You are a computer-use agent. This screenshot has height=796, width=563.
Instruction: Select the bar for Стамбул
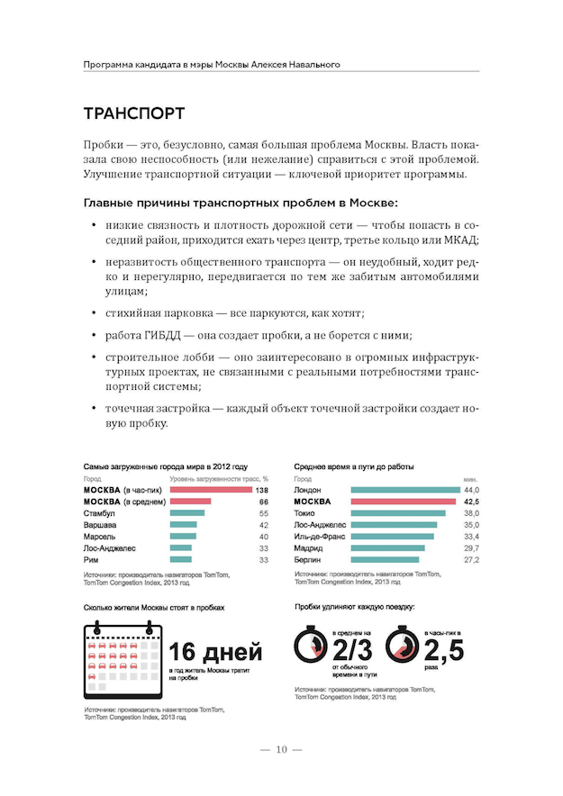point(186,512)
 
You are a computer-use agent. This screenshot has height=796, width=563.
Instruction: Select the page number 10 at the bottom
point(281,749)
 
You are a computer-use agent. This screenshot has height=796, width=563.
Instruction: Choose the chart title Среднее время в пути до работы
point(353,466)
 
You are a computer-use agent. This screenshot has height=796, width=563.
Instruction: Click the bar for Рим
point(180,559)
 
